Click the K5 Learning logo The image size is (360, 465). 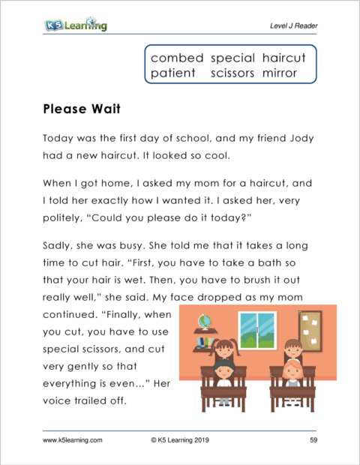75,25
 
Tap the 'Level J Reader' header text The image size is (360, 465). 293,27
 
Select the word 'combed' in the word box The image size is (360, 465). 176,58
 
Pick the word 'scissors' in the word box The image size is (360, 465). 233,73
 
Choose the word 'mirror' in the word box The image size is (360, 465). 280,73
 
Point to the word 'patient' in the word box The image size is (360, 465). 172,73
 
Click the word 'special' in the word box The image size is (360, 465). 233,58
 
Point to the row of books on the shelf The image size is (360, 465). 203,342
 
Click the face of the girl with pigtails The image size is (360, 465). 225,350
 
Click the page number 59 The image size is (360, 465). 313,440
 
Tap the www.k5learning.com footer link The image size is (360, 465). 73,440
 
